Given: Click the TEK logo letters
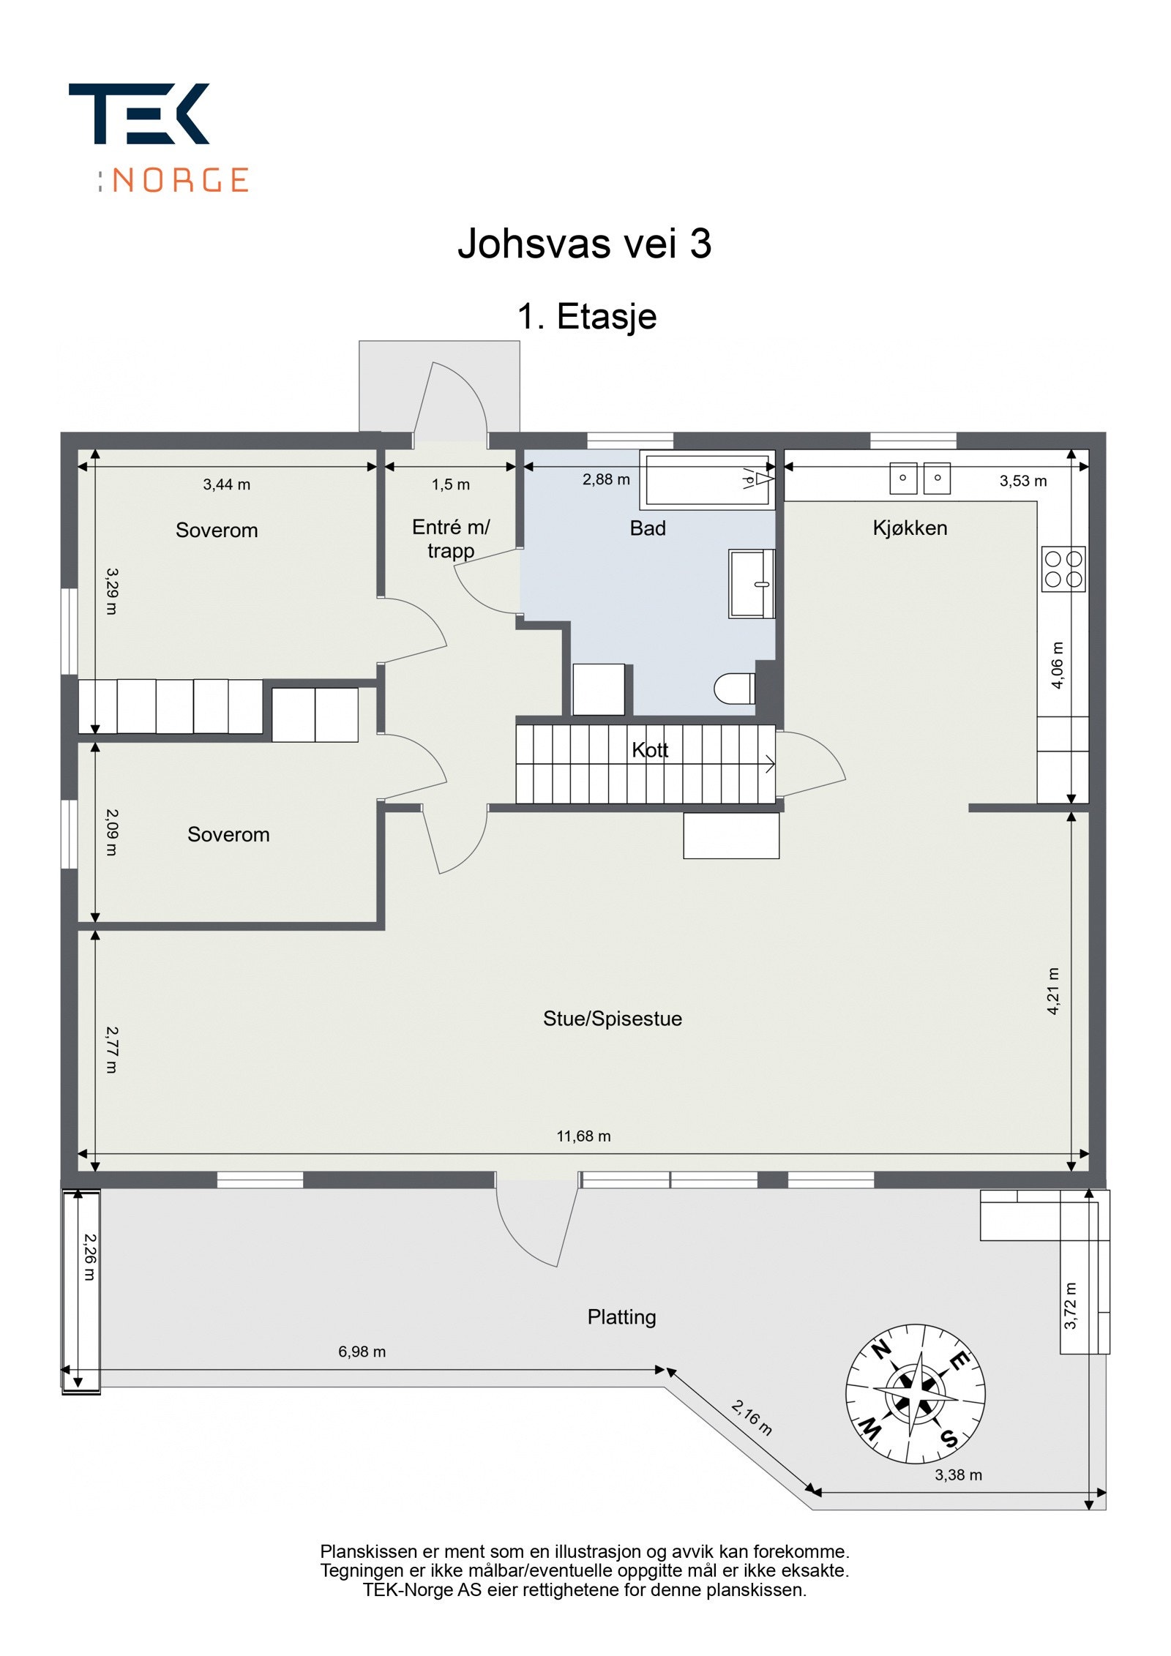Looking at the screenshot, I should click(139, 113).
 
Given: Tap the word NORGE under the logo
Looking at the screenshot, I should click(181, 180).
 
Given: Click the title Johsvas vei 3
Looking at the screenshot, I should click(584, 243).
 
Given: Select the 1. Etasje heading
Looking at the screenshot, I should click(586, 316).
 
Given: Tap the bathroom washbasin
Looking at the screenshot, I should click(751, 584).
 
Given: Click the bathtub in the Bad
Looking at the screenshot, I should click(707, 480).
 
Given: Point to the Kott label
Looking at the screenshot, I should click(650, 750).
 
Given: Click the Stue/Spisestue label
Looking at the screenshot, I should click(612, 1019).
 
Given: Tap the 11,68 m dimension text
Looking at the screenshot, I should click(583, 1136).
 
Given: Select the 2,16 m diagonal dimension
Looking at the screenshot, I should click(752, 1417).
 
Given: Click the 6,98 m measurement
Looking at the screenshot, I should click(362, 1352).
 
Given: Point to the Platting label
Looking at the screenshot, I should click(621, 1317).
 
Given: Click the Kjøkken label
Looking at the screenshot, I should click(909, 528).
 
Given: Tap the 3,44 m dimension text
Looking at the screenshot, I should click(226, 484).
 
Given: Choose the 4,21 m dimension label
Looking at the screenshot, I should click(1053, 991).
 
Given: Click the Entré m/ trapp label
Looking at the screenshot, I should click(450, 539).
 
